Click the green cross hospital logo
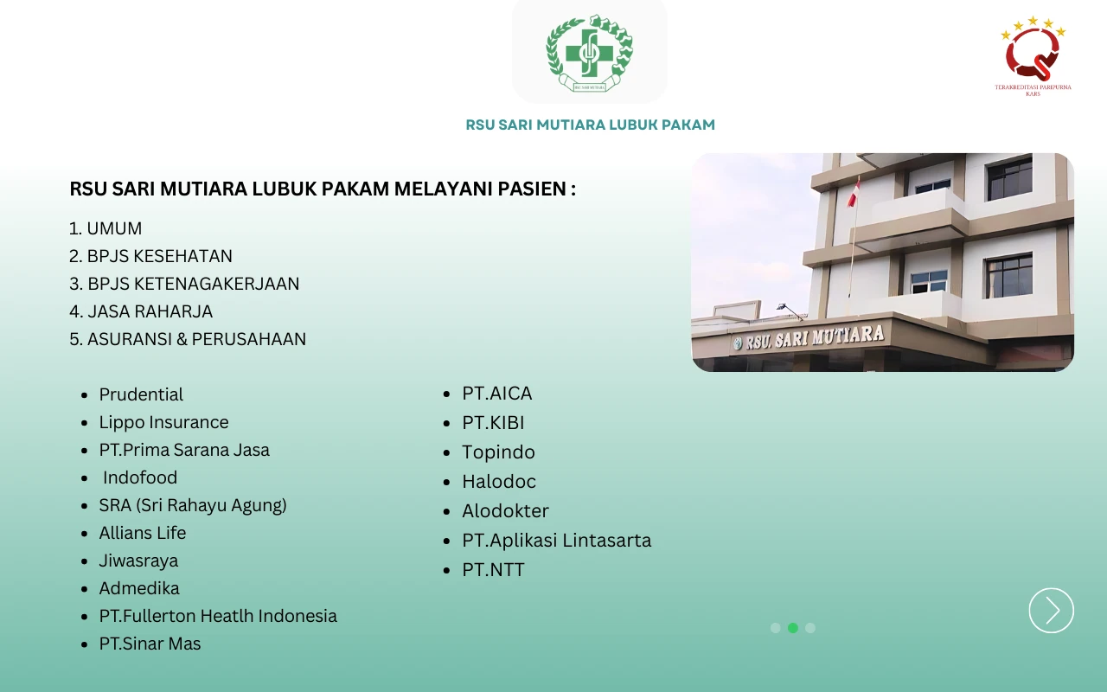tap(590, 53)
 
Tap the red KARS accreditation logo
tap(1033, 54)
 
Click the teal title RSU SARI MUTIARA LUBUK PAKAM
tap(590, 125)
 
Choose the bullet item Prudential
tap(141, 394)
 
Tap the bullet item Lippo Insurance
tap(163, 422)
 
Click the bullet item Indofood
tap(139, 477)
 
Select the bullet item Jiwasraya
tap(138, 561)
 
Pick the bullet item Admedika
tap(139, 588)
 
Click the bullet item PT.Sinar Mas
tap(150, 644)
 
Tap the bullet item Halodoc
tap(499, 482)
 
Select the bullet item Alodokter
tap(505, 511)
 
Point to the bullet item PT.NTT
tap(493, 570)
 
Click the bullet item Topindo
tap(498, 452)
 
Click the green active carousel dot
tap(793, 628)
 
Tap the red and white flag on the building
tap(853, 193)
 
